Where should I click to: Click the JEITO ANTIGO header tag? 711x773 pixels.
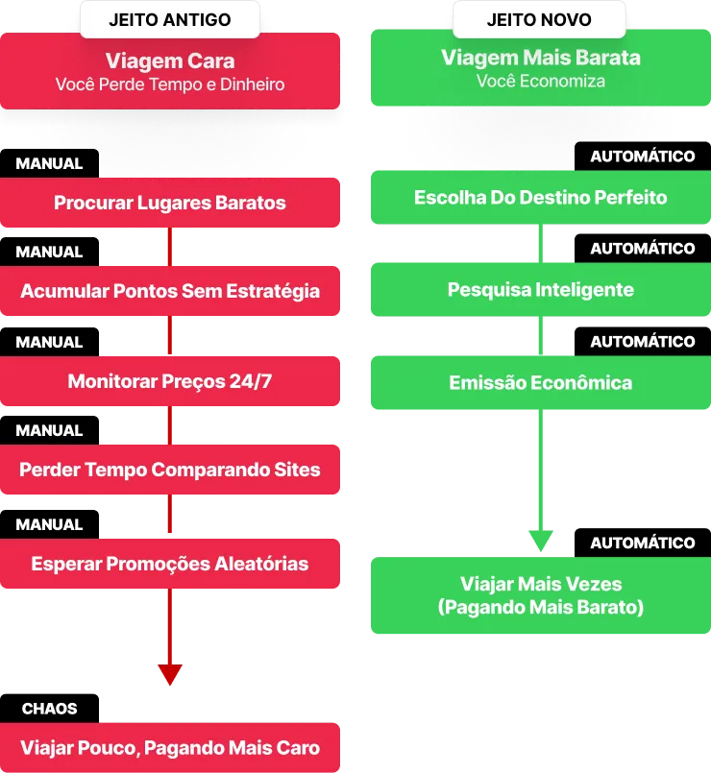169,19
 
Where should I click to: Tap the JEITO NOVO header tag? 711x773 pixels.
539,19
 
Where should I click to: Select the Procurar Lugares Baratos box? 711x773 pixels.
170,203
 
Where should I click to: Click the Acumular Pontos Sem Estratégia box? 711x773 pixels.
170,290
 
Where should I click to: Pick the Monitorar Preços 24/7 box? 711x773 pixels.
170,381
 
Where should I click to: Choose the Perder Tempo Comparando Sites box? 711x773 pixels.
170,471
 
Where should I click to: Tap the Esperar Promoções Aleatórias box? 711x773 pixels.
170,564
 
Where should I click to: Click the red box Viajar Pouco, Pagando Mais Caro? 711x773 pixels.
170,748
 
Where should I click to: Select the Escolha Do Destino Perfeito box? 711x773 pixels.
540,197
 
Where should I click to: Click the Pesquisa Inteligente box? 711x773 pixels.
540,289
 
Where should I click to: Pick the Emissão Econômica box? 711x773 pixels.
540,382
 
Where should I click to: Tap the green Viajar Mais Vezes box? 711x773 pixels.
540,595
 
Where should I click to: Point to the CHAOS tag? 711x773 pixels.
50,709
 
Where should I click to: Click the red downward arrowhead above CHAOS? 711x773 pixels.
170,673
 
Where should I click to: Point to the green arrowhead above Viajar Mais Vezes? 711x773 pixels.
540,540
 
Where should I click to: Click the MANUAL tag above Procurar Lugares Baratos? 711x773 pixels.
49,163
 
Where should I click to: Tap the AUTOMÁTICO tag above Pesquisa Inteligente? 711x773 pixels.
642,249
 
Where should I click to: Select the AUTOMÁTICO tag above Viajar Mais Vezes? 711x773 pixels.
642,543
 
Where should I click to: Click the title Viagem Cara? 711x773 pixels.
169,61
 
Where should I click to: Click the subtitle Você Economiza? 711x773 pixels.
540,82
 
